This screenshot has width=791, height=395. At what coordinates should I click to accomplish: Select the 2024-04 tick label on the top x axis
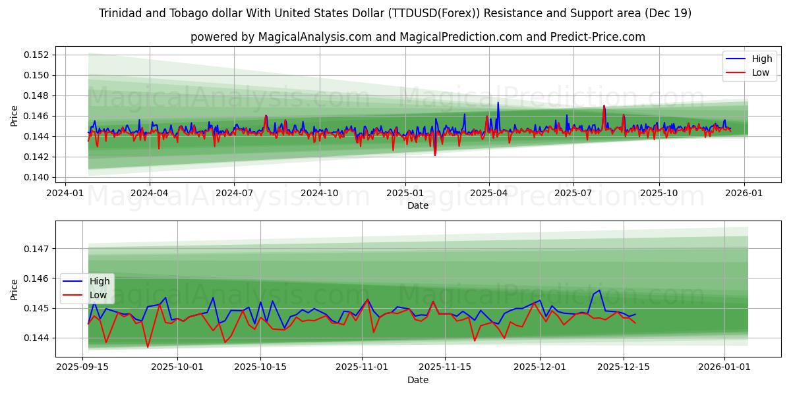tap(149, 193)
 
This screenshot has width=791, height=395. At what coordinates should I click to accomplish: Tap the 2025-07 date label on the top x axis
tap(573, 193)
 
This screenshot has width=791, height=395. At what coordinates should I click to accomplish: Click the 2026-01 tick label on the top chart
tap(744, 193)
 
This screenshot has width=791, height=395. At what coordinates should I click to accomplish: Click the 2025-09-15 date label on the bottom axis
tap(82, 367)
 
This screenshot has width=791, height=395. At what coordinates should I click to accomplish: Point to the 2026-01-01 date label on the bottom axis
tap(724, 367)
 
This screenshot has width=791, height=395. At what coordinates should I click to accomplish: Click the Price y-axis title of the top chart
tap(15, 116)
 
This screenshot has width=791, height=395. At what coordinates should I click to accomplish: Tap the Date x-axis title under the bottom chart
tap(417, 380)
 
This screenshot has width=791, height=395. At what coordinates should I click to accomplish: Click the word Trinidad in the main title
tap(121, 13)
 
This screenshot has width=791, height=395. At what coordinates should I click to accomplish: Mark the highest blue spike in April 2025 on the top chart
tap(498, 103)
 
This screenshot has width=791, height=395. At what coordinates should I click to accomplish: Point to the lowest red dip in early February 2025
tap(435, 155)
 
